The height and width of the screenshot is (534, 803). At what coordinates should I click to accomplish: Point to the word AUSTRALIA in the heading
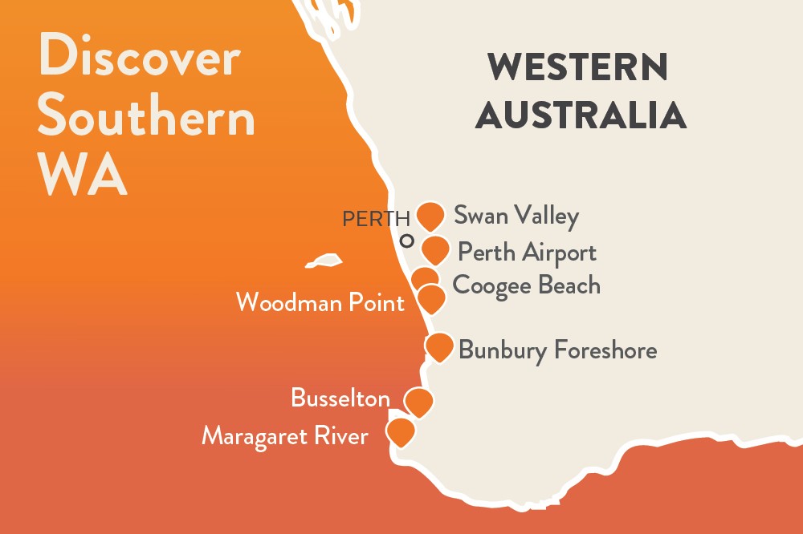coord(581,115)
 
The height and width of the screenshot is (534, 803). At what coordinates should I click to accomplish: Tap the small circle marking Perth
coord(407,240)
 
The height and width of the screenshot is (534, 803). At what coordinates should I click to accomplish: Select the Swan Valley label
coord(516,216)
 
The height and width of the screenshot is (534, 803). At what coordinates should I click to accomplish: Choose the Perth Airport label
coord(527,253)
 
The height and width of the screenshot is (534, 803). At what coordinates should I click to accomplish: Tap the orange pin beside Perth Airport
coord(434,250)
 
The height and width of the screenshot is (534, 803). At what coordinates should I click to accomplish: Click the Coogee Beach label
coord(526,285)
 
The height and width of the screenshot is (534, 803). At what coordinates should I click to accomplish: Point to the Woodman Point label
coord(320,302)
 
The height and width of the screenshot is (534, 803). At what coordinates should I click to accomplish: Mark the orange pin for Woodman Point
coord(432,298)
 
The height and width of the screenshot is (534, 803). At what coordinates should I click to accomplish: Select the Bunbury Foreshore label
coord(557,350)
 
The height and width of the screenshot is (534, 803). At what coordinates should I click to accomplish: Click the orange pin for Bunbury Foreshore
coord(439,346)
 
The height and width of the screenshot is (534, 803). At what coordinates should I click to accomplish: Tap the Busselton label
coord(340,398)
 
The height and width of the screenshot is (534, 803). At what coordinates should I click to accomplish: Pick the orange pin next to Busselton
coord(418,401)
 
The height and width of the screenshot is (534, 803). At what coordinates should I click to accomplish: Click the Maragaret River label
coord(285,436)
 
